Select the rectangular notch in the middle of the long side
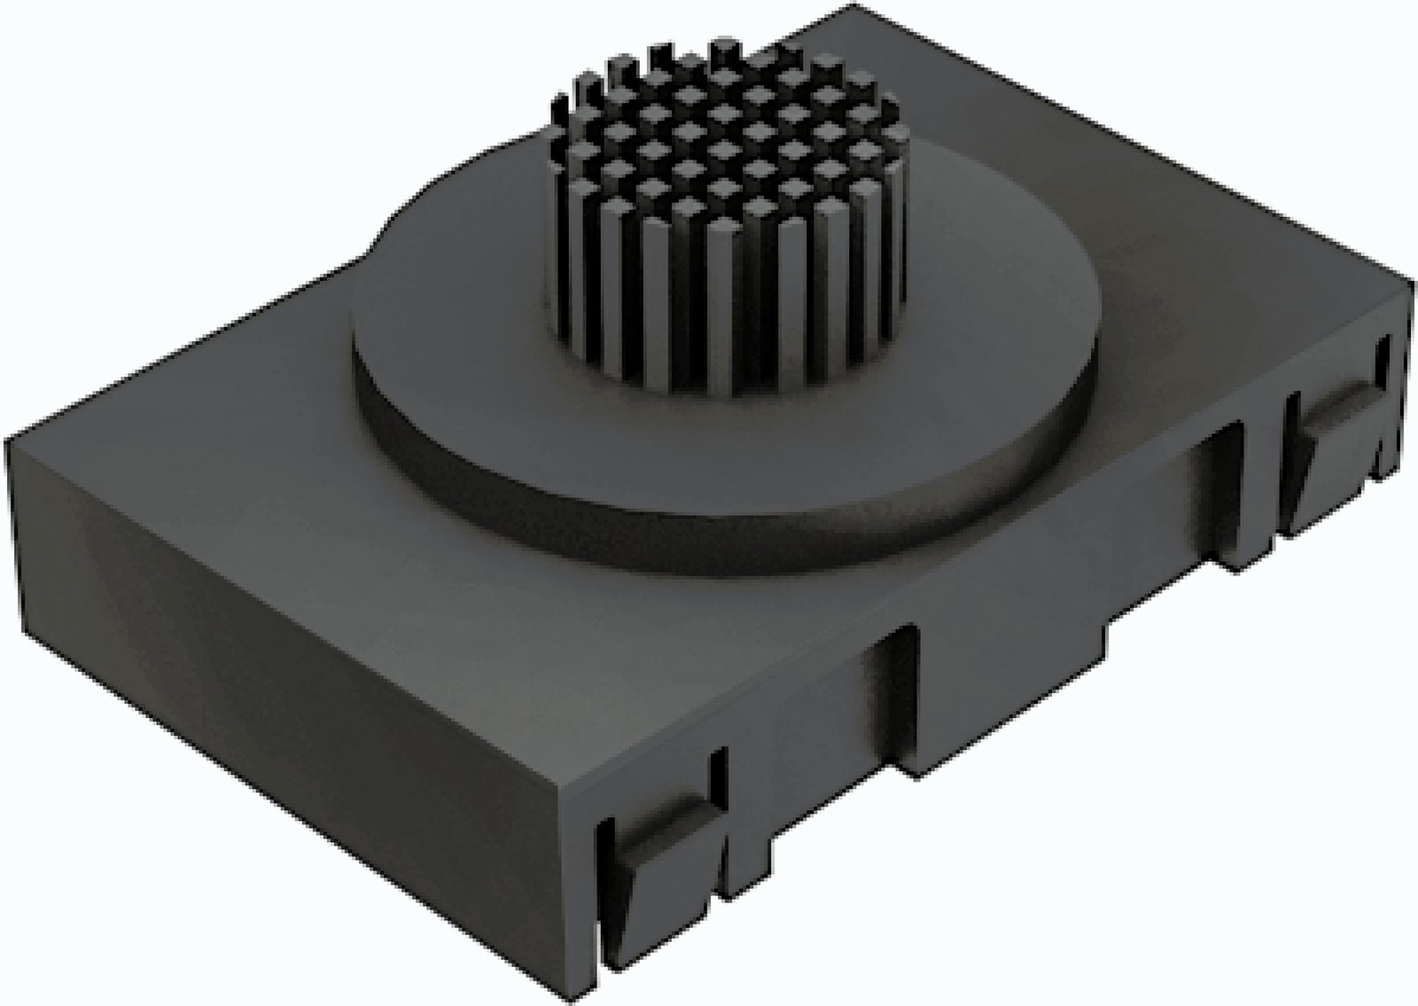tap(895, 700)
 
